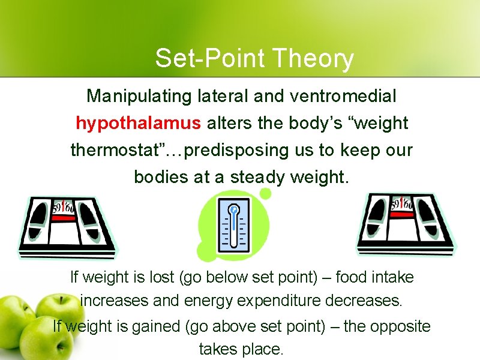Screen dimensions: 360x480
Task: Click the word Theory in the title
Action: (x=313, y=59)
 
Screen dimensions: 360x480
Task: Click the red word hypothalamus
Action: (x=138, y=124)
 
